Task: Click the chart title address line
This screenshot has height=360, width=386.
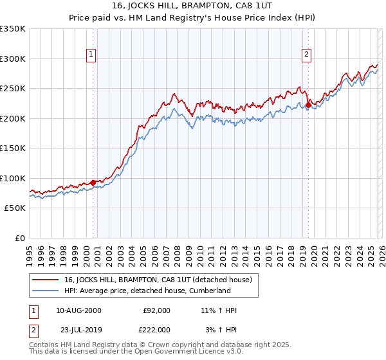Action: (193, 6)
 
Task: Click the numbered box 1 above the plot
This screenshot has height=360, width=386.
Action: (92, 55)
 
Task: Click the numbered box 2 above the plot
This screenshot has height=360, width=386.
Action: (307, 55)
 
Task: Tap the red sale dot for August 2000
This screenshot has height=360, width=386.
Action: (93, 183)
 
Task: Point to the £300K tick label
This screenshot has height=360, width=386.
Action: (13, 59)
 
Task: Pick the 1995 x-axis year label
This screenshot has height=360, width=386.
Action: (30, 251)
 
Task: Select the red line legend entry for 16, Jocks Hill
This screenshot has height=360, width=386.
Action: (161, 280)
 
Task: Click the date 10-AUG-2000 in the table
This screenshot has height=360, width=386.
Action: (78, 310)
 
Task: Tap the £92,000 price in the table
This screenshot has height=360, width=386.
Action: (156, 310)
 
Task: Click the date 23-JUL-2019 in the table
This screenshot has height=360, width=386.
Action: (78, 329)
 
